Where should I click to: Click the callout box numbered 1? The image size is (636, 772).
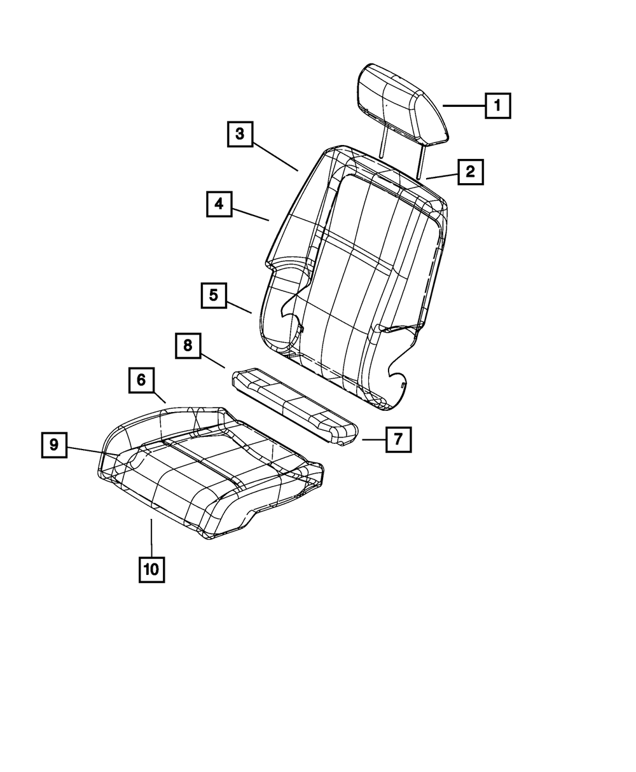click(x=497, y=106)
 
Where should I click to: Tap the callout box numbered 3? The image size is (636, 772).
click(x=239, y=134)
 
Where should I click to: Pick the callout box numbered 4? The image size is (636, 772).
click(x=219, y=204)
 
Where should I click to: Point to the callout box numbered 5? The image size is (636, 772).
click(x=214, y=296)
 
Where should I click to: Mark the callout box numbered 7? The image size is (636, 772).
click(x=397, y=439)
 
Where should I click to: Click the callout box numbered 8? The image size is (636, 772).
click(x=188, y=346)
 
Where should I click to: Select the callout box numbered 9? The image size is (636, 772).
click(x=54, y=445)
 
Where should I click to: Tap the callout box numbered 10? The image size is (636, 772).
click(x=151, y=569)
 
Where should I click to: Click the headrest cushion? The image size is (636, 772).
click(x=401, y=105)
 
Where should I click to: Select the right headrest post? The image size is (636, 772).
click(x=421, y=161)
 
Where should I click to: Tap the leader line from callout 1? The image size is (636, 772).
click(x=464, y=106)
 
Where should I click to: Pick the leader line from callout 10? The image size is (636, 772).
click(x=151, y=537)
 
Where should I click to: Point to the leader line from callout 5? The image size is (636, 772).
click(x=239, y=307)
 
